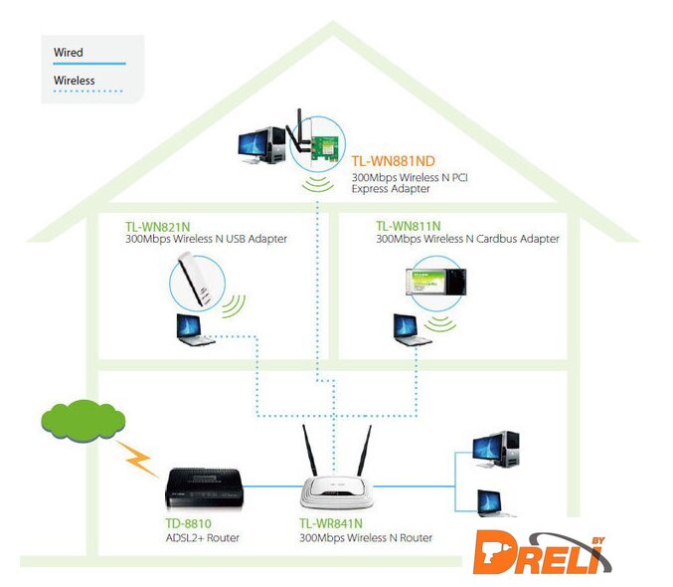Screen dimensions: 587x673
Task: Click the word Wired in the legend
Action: pos(68,52)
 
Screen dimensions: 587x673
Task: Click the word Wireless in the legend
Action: pos(74,80)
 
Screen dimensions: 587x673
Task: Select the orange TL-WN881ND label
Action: pos(393,160)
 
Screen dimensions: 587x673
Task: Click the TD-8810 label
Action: pos(189,522)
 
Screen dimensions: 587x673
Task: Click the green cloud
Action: pos(83,422)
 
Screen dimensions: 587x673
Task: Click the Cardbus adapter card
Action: pos(435,283)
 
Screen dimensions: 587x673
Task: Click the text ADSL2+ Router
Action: pos(202,537)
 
